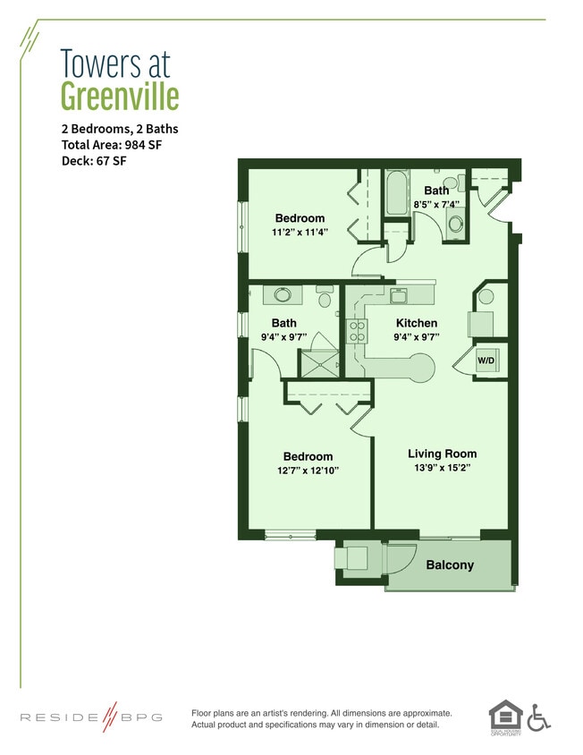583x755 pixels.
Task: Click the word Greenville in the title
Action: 120,96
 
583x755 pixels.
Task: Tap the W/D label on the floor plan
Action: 486,361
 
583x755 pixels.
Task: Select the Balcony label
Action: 450,565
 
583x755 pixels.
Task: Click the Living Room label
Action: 442,454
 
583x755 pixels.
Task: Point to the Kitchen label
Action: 417,323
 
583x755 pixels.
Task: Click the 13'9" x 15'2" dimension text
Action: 442,468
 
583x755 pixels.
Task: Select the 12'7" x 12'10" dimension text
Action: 308,471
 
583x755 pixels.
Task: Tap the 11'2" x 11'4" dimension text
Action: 300,233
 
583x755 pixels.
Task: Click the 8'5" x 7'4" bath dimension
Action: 436,205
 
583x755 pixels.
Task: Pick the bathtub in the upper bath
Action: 396,194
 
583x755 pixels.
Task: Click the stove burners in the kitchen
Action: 356,332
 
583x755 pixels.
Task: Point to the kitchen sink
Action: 400,294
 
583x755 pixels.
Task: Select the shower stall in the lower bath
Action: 319,362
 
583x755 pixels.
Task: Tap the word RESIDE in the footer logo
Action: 58,717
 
